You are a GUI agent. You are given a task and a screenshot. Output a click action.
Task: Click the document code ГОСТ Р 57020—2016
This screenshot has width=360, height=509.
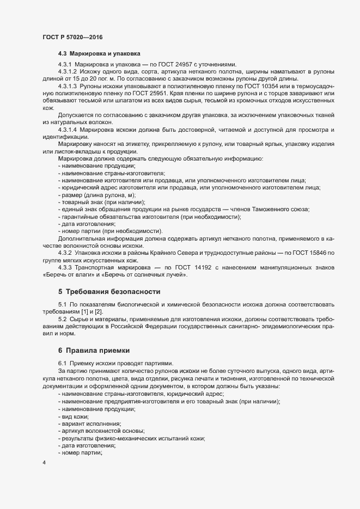pos(72,37)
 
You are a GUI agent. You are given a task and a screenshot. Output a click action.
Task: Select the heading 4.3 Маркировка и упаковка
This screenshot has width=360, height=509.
pos(99,53)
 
